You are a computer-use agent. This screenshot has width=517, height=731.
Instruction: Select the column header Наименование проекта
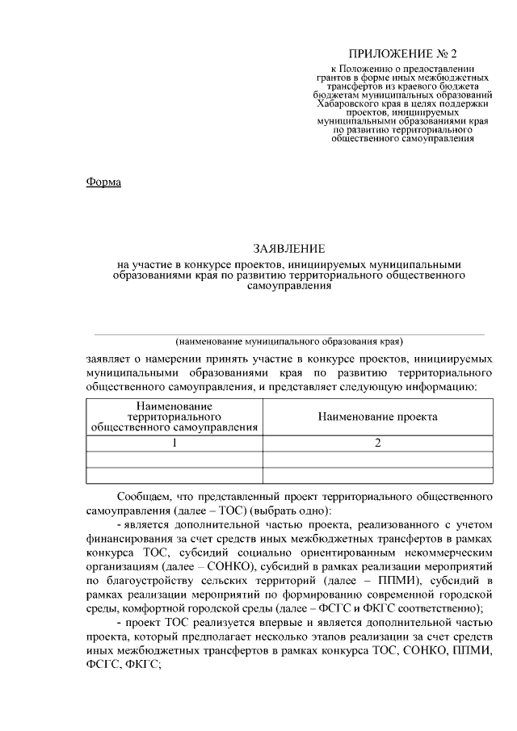pyautogui.click(x=377, y=417)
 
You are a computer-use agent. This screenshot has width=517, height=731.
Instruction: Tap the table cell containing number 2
pyautogui.click(x=377, y=443)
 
